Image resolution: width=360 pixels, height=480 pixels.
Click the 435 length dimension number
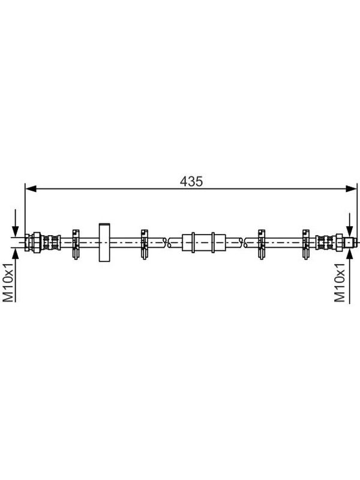pyautogui.click(x=191, y=182)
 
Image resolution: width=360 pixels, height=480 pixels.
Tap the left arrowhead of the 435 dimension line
pyautogui.click(x=31, y=189)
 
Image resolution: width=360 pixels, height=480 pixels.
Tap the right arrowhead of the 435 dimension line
pyautogui.click(x=351, y=189)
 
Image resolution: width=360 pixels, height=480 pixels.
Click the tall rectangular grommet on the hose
pyautogui.click(x=104, y=242)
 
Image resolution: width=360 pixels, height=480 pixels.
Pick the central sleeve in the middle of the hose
pyautogui.click(x=203, y=242)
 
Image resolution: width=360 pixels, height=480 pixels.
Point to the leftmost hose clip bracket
pyautogui.click(x=76, y=244)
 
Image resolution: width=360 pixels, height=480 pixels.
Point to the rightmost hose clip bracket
pyautogui.click(x=305, y=244)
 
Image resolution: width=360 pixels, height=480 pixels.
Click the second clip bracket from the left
pyautogui.click(x=144, y=244)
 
